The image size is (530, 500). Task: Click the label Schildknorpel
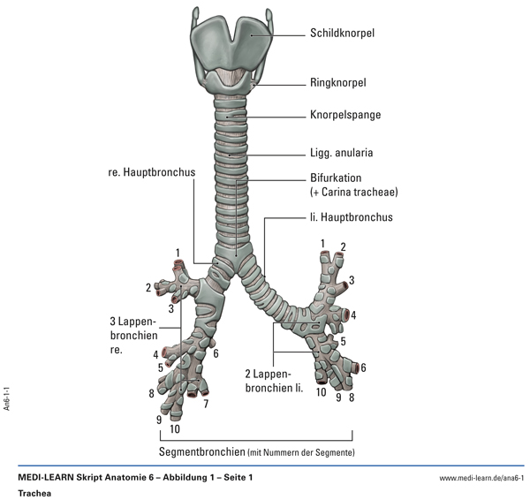click(342, 34)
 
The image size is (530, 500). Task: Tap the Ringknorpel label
click(337, 83)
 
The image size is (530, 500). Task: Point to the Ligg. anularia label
click(341, 152)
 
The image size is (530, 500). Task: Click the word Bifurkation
click(335, 178)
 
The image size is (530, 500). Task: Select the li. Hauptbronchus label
click(352, 216)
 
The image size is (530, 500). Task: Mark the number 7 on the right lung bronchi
click(205, 405)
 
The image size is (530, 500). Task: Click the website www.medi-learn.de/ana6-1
click(481, 478)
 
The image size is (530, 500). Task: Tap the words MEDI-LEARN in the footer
click(48, 478)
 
